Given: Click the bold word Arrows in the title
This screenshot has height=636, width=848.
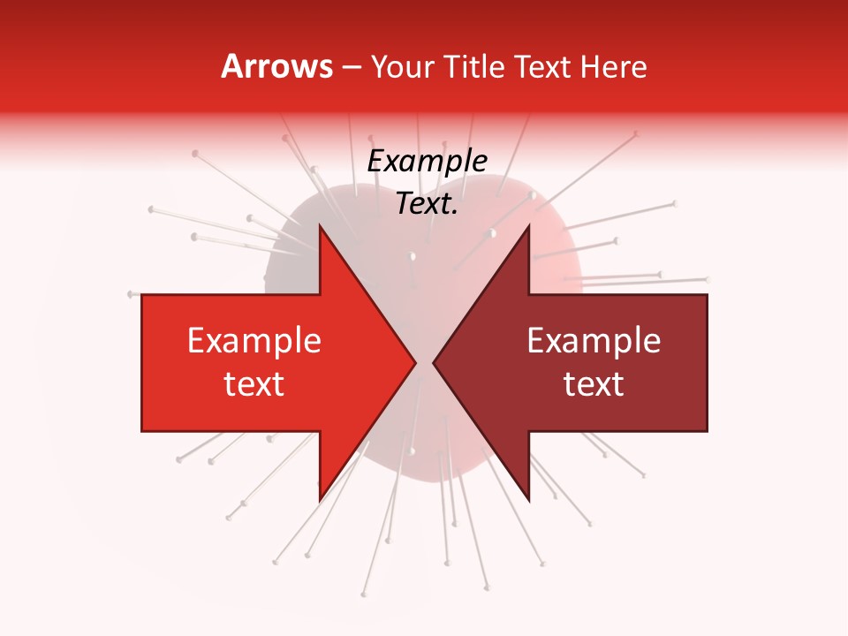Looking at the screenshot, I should tap(276, 67).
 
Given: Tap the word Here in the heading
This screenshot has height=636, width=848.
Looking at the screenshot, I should tap(613, 67).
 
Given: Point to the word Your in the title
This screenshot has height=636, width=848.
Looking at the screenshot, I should tap(403, 67).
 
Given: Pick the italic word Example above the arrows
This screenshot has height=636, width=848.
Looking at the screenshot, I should tap(427, 162).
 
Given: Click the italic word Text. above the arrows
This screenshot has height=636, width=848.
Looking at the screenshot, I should tap(427, 204).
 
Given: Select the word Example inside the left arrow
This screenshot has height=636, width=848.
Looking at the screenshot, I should tap(254, 341).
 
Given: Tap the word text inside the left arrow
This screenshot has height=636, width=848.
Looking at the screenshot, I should tap(254, 384).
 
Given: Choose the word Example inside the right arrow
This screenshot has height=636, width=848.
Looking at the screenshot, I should tap(594, 341).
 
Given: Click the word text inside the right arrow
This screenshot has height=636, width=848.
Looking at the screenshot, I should tap(594, 384).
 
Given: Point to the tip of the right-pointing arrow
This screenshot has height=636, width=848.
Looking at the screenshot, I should tap(416, 363).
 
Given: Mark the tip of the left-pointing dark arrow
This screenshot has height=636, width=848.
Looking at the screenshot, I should tap(433, 363).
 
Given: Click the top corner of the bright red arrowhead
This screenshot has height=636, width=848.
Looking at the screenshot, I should tap(319, 225).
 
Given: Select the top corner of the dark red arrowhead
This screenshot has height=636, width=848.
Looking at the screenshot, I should tap(529, 225).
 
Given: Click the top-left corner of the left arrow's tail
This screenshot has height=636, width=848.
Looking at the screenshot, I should tap(142, 295).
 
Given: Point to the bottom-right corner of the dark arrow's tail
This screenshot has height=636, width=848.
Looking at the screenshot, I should tap(707, 431).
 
